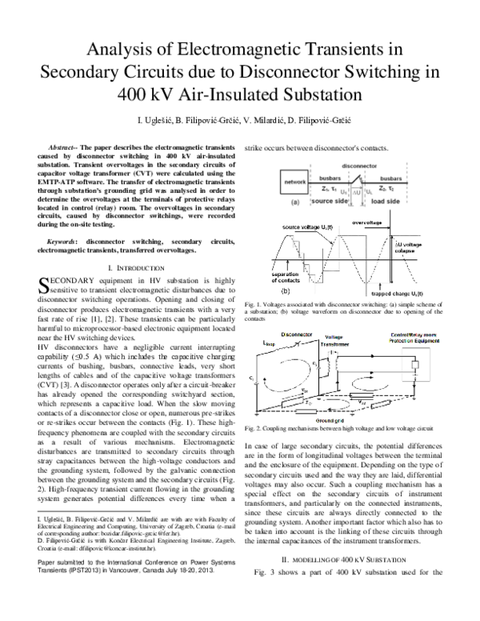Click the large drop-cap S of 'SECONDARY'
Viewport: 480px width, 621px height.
point(44,284)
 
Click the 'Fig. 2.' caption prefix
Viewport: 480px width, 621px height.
point(254,429)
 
